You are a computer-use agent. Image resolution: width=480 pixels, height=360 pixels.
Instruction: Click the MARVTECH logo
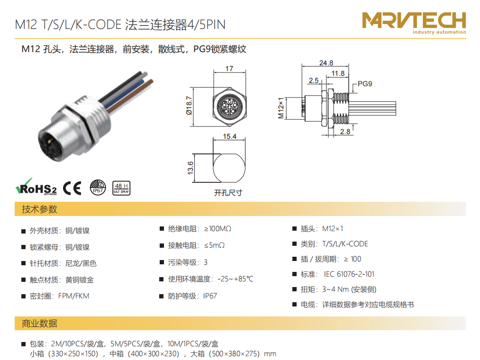pos(414,23)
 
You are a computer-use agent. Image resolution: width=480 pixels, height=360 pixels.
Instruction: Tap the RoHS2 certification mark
pos(36,187)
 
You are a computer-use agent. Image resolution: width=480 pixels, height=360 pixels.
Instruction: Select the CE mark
pos(72,188)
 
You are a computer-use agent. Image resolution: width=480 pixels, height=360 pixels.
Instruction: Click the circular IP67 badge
pos(98,188)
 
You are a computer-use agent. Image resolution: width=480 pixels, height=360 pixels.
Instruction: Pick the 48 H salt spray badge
pos(121,188)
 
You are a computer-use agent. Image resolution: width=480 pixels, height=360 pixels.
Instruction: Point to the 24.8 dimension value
pos(326,63)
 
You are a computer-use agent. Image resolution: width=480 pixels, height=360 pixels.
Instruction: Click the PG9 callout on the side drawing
pos(364,83)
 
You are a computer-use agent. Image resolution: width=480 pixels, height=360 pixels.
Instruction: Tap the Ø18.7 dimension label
pos(189,106)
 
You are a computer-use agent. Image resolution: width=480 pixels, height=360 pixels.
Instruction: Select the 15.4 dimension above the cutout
pos(230,136)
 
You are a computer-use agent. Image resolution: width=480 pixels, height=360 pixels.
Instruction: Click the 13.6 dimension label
pos(190,168)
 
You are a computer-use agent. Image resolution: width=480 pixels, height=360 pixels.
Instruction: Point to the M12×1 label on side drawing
pos(281,108)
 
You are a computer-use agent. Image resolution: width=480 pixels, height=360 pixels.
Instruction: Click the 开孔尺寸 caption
pos(228,193)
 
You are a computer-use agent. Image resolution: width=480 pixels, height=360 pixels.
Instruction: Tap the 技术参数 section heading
pos(39,209)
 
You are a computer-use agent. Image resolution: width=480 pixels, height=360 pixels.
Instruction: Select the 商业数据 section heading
pos(39,324)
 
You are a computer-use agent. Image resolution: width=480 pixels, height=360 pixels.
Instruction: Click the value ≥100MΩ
pos(217,229)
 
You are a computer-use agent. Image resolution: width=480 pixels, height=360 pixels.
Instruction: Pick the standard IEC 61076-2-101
pos(349,274)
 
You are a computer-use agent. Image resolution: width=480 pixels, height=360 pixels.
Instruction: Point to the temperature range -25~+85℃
pos(235,279)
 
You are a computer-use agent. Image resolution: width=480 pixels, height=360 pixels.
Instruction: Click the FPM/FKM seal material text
pos(73,296)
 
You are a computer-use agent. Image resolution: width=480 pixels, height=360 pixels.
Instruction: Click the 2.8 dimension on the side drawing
pos(345,131)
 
